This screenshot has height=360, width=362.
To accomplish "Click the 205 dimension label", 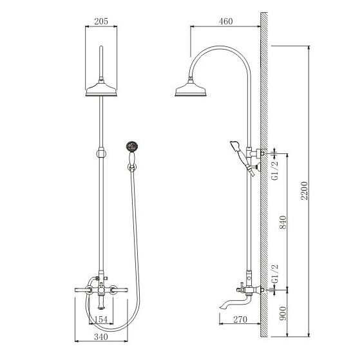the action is pyautogui.click(x=101, y=21).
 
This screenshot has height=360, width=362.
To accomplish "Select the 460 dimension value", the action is pyautogui.click(x=225, y=21).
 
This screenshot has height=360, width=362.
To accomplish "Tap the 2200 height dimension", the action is pyautogui.click(x=304, y=191).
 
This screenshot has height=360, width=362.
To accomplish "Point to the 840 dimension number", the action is pyautogui.click(x=283, y=222).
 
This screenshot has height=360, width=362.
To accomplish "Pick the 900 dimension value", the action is pyautogui.click(x=283, y=313).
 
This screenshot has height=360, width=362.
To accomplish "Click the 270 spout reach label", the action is pyautogui.click(x=240, y=319).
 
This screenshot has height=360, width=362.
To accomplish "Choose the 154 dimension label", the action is pyautogui.click(x=101, y=319).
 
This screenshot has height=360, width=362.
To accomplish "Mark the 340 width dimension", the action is pyautogui.click(x=101, y=337).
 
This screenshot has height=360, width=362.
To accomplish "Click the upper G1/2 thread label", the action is pyautogui.click(x=275, y=170).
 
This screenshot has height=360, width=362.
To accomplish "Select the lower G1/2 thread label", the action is pyautogui.click(x=275, y=274).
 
